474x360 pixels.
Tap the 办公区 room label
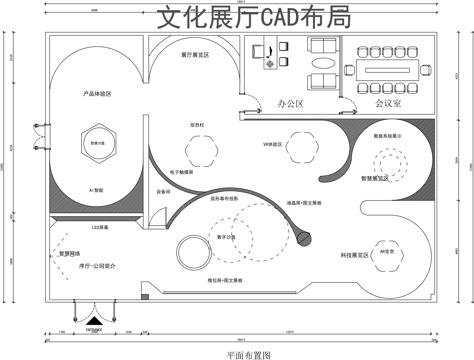(291, 103)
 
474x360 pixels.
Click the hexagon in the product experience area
(97, 143)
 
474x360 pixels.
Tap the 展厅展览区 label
(194, 55)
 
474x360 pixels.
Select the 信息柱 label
(196, 124)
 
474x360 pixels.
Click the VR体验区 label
(273, 145)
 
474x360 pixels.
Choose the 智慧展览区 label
(377, 179)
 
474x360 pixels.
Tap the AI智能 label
(97, 188)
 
